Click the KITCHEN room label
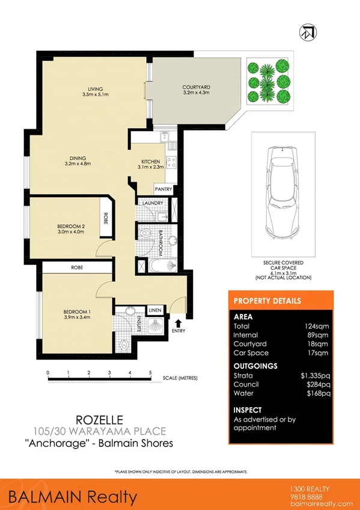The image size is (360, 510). (x=150, y=162)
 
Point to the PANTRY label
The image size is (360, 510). (x=163, y=189)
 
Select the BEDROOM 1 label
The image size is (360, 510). (x=76, y=311)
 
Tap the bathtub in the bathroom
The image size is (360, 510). (x=158, y=264)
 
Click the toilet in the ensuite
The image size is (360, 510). (x=124, y=345)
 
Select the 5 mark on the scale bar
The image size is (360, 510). (x=150, y=373)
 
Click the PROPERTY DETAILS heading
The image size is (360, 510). (x=267, y=301)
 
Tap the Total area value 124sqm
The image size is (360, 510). (x=318, y=326)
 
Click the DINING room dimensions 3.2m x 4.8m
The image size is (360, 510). (x=78, y=163)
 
